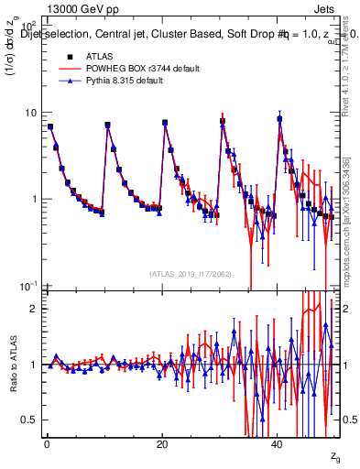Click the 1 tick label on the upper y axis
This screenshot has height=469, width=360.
pyautogui.click(x=33, y=199)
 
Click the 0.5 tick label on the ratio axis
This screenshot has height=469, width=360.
pyautogui.click(x=28, y=420)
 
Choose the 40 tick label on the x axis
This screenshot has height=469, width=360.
pyautogui.click(x=279, y=442)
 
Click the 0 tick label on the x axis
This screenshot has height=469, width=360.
pyautogui.click(x=48, y=442)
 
